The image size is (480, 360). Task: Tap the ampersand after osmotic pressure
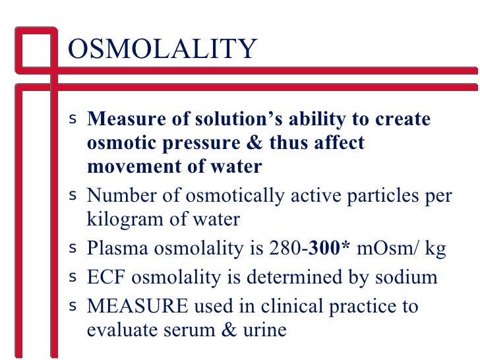click(x=245, y=144)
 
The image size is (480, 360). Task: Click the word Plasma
click(x=113, y=249)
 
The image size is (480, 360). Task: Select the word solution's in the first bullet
click(x=216, y=120)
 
